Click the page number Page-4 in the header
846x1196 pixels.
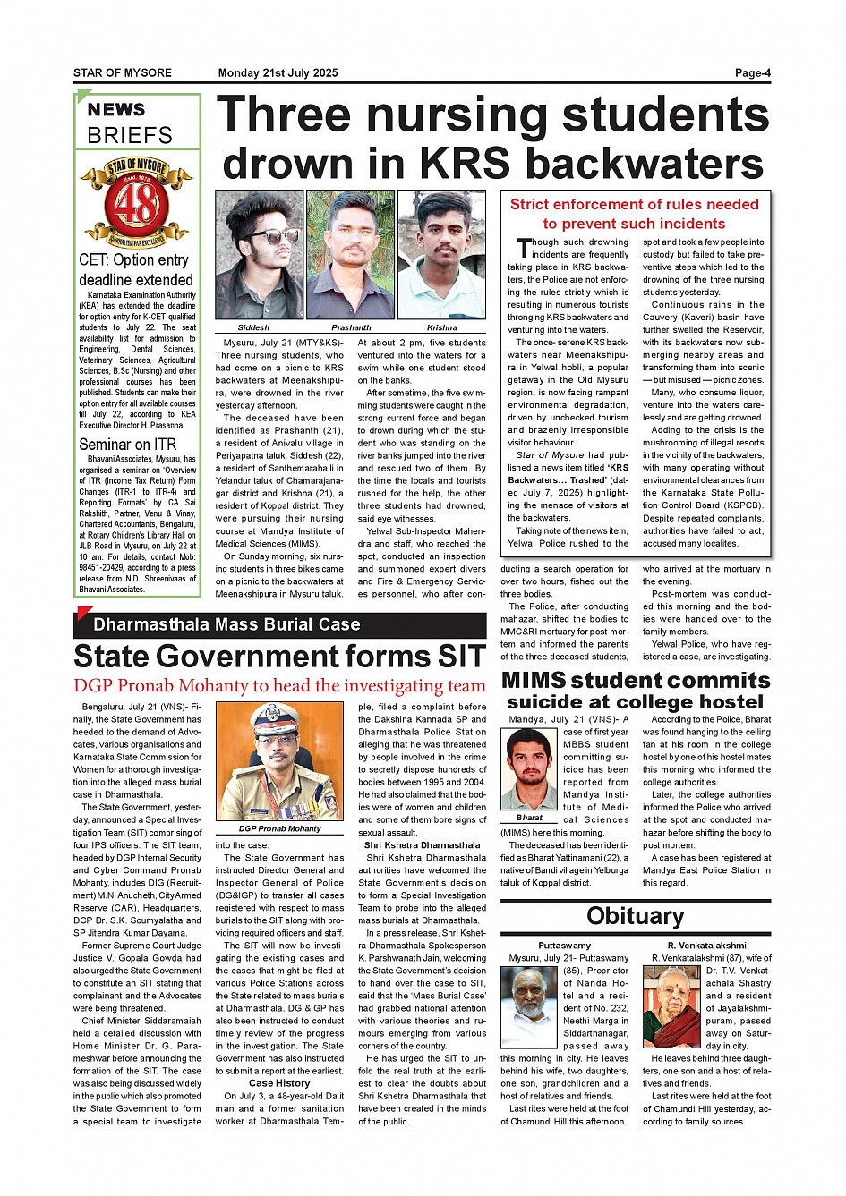pos(752,73)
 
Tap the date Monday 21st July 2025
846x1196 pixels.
pos(278,73)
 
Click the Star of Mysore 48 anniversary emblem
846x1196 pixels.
pos(136,202)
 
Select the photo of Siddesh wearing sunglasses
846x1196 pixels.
pos(259,255)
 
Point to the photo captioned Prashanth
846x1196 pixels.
pos(350,255)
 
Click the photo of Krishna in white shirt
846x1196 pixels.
pos(441,255)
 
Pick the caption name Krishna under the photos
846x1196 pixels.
pos(441,328)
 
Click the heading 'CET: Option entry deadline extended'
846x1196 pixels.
pos(135,270)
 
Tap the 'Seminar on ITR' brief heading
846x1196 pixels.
pos(127,445)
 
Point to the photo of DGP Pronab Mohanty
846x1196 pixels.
pos(279,762)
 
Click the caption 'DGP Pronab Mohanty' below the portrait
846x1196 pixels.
pos(279,829)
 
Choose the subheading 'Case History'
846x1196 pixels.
pos(279,1083)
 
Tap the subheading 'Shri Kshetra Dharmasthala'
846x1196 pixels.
pos(422,844)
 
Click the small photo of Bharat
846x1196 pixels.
pos(529,769)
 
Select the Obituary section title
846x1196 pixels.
pos(635,916)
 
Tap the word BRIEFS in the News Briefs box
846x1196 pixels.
pos(130,136)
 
